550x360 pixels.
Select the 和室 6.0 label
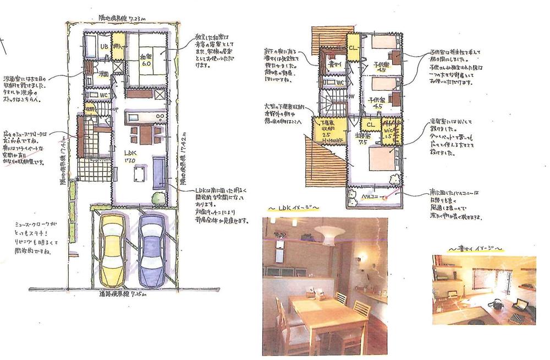[x=146, y=58]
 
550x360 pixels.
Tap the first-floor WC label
[x=103, y=94]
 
